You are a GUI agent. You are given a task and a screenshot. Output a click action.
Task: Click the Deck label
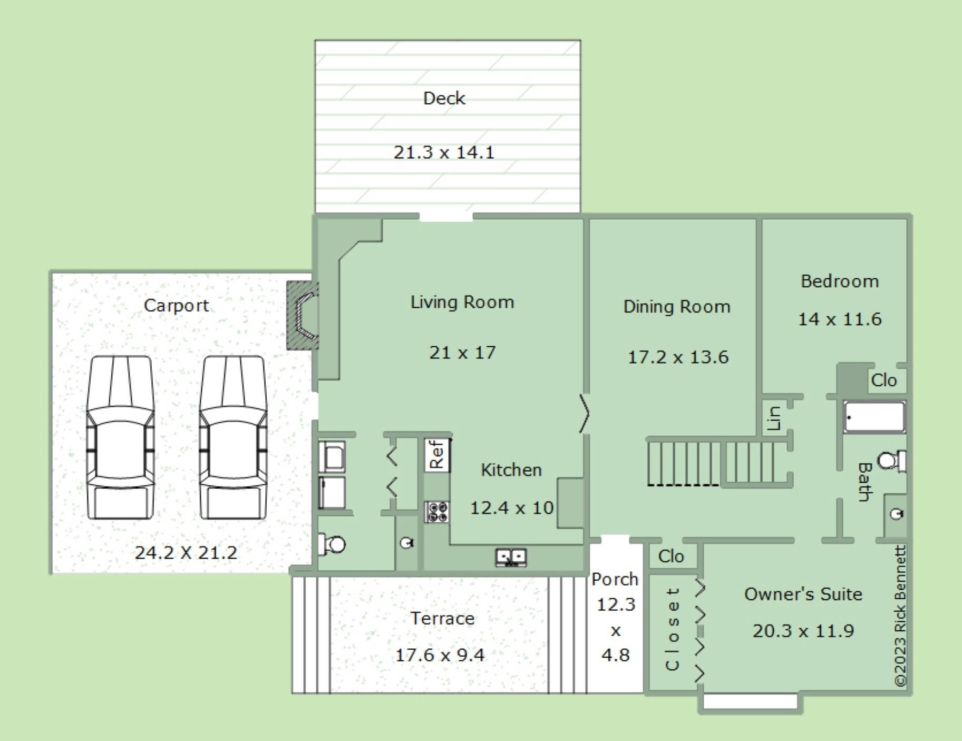[x=444, y=98]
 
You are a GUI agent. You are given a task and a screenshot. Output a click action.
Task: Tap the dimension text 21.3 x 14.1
[x=444, y=152]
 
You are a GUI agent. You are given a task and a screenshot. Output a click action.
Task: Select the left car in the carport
[x=120, y=437]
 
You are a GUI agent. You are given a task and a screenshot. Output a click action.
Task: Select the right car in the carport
[x=232, y=437]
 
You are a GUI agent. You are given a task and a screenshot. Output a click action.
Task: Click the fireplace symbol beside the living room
[x=303, y=315]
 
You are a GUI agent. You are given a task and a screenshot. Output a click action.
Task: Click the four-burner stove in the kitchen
[x=438, y=512]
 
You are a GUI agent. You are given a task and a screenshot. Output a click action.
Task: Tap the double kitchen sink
[x=511, y=557]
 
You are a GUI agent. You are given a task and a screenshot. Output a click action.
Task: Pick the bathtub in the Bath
[x=874, y=417]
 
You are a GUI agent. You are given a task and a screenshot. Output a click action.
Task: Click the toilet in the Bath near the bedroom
[x=892, y=461]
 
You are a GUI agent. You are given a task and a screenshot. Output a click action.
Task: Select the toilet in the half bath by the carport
[x=332, y=544]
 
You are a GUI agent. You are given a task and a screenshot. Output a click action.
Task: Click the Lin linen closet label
[x=774, y=418]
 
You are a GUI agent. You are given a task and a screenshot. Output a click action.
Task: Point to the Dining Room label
[x=677, y=307]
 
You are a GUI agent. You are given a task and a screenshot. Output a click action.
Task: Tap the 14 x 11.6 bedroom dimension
[x=839, y=319]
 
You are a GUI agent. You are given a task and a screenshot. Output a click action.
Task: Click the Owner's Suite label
[x=803, y=594]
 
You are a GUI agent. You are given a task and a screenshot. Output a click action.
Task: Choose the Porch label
[x=615, y=579]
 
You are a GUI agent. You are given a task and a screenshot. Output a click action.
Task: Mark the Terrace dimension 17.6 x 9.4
[x=440, y=655]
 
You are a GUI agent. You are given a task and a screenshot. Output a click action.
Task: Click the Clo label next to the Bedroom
[x=884, y=380]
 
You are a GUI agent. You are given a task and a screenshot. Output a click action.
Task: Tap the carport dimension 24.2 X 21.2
[x=186, y=553]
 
